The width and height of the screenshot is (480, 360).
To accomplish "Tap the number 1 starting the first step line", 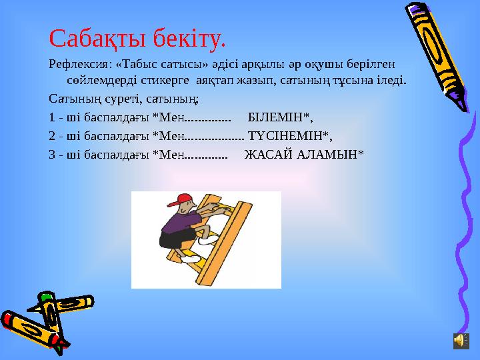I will tap(52, 118).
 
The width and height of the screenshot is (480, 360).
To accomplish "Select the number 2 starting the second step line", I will tap(52, 136).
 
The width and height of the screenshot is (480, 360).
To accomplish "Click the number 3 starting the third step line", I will tap(52, 154).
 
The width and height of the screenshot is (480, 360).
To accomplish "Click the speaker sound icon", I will tap(461, 341).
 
